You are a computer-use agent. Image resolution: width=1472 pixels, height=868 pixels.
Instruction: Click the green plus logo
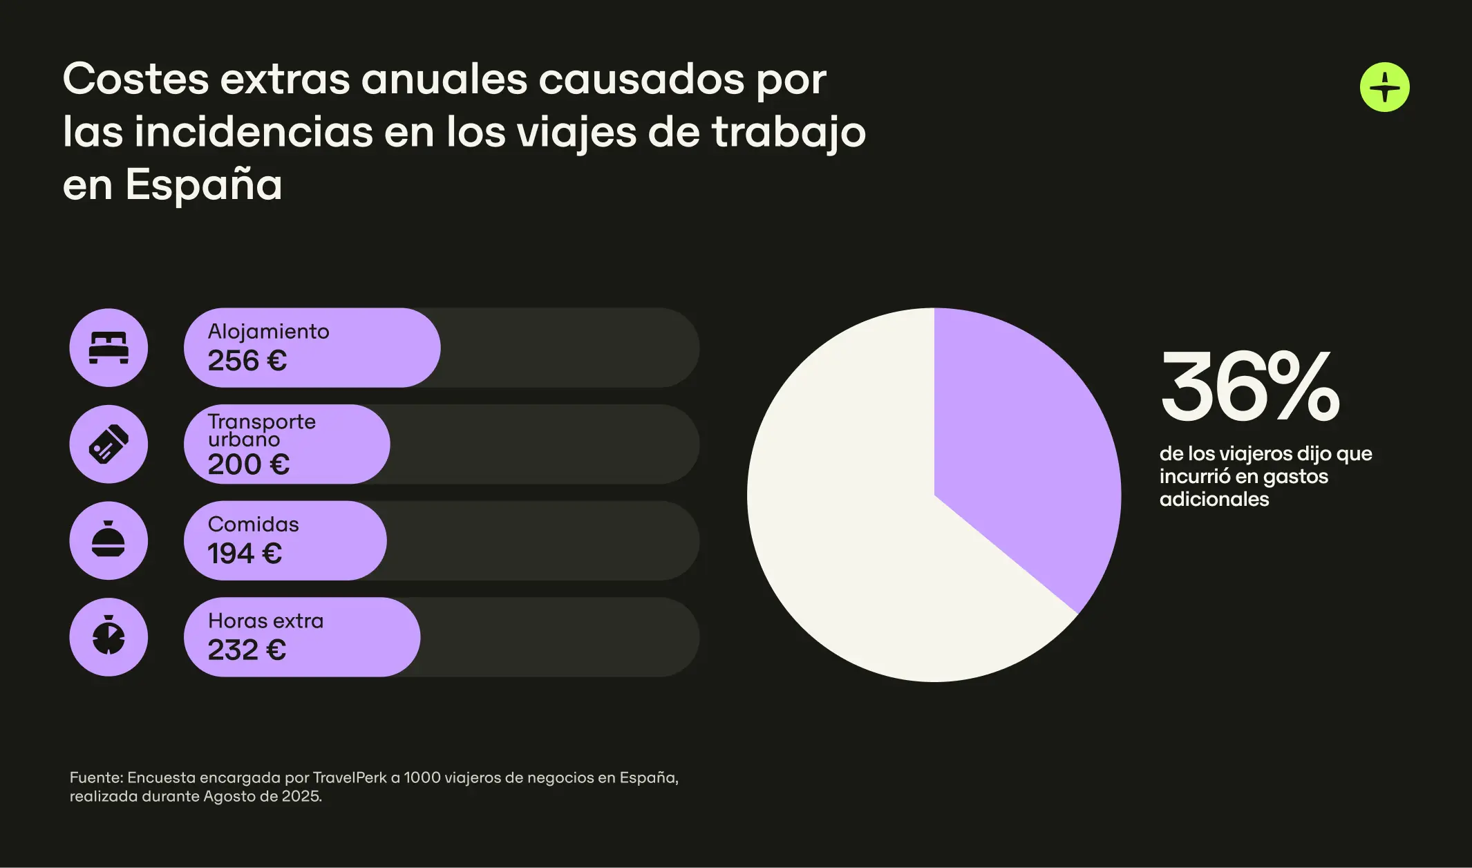pyautogui.click(x=1384, y=87)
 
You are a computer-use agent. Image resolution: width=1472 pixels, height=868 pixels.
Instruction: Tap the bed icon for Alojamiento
pyautogui.click(x=108, y=348)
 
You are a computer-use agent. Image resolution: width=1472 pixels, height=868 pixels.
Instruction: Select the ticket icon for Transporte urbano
pyautogui.click(x=108, y=444)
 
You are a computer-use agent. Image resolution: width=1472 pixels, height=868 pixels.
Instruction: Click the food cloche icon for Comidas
pyautogui.click(x=108, y=540)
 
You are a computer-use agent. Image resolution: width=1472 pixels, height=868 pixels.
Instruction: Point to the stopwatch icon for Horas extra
pyautogui.click(x=108, y=637)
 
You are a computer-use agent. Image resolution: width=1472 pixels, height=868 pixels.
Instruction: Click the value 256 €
pyautogui.click(x=247, y=361)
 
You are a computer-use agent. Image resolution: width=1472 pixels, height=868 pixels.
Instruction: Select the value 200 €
pyautogui.click(x=249, y=464)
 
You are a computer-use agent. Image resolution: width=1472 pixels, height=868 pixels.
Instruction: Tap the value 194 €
pyautogui.click(x=245, y=554)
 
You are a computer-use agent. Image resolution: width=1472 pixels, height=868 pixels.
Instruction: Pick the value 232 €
pyautogui.click(x=247, y=650)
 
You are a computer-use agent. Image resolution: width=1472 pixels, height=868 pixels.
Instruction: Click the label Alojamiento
pyautogui.click(x=268, y=332)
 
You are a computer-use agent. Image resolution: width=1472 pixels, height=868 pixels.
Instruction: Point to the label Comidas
pyautogui.click(x=253, y=525)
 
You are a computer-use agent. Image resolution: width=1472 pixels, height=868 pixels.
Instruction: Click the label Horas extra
pyautogui.click(x=265, y=621)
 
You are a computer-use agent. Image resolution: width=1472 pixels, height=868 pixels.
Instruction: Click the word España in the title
pyautogui.click(x=204, y=185)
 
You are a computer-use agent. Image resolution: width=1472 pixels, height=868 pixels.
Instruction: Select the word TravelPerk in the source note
pyautogui.click(x=350, y=777)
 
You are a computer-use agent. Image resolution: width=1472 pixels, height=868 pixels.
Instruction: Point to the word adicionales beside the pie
pyautogui.click(x=1214, y=499)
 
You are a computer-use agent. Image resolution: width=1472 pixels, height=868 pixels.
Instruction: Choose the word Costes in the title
pyautogui.click(x=135, y=79)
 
